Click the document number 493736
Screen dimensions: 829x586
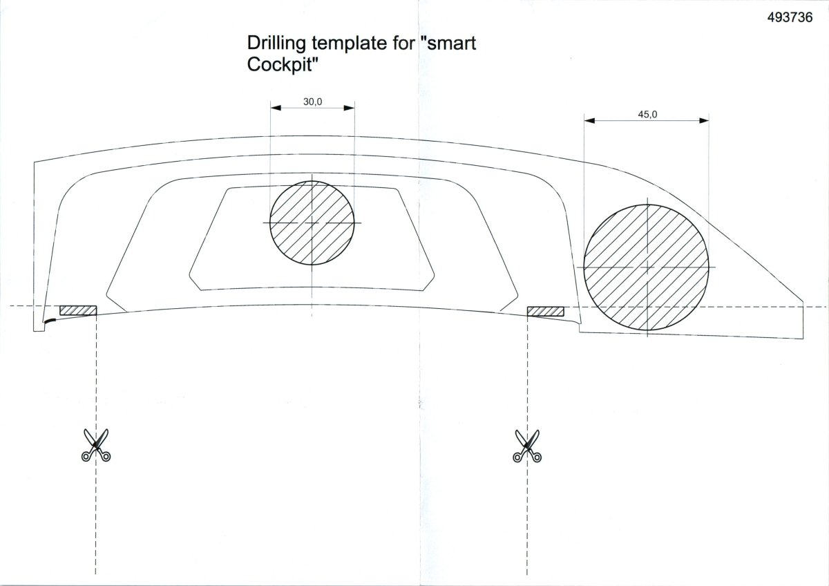790,17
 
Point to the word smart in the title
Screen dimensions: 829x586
452,43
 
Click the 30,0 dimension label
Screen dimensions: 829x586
313,102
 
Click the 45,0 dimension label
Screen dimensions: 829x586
648,115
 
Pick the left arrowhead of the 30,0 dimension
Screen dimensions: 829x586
276,108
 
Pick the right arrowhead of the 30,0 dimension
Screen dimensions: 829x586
349,108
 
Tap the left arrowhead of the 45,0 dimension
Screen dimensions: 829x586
589,120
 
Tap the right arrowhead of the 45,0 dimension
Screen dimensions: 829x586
703,120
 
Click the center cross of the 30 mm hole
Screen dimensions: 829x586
312,223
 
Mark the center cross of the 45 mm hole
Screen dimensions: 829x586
647,267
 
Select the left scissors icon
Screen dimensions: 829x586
96,445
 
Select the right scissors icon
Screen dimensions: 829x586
527,446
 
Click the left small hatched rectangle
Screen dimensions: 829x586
78,310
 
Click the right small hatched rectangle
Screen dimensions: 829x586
546,312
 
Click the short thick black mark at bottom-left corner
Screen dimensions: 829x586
51,321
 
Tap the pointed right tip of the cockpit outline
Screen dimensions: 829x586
803,302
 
